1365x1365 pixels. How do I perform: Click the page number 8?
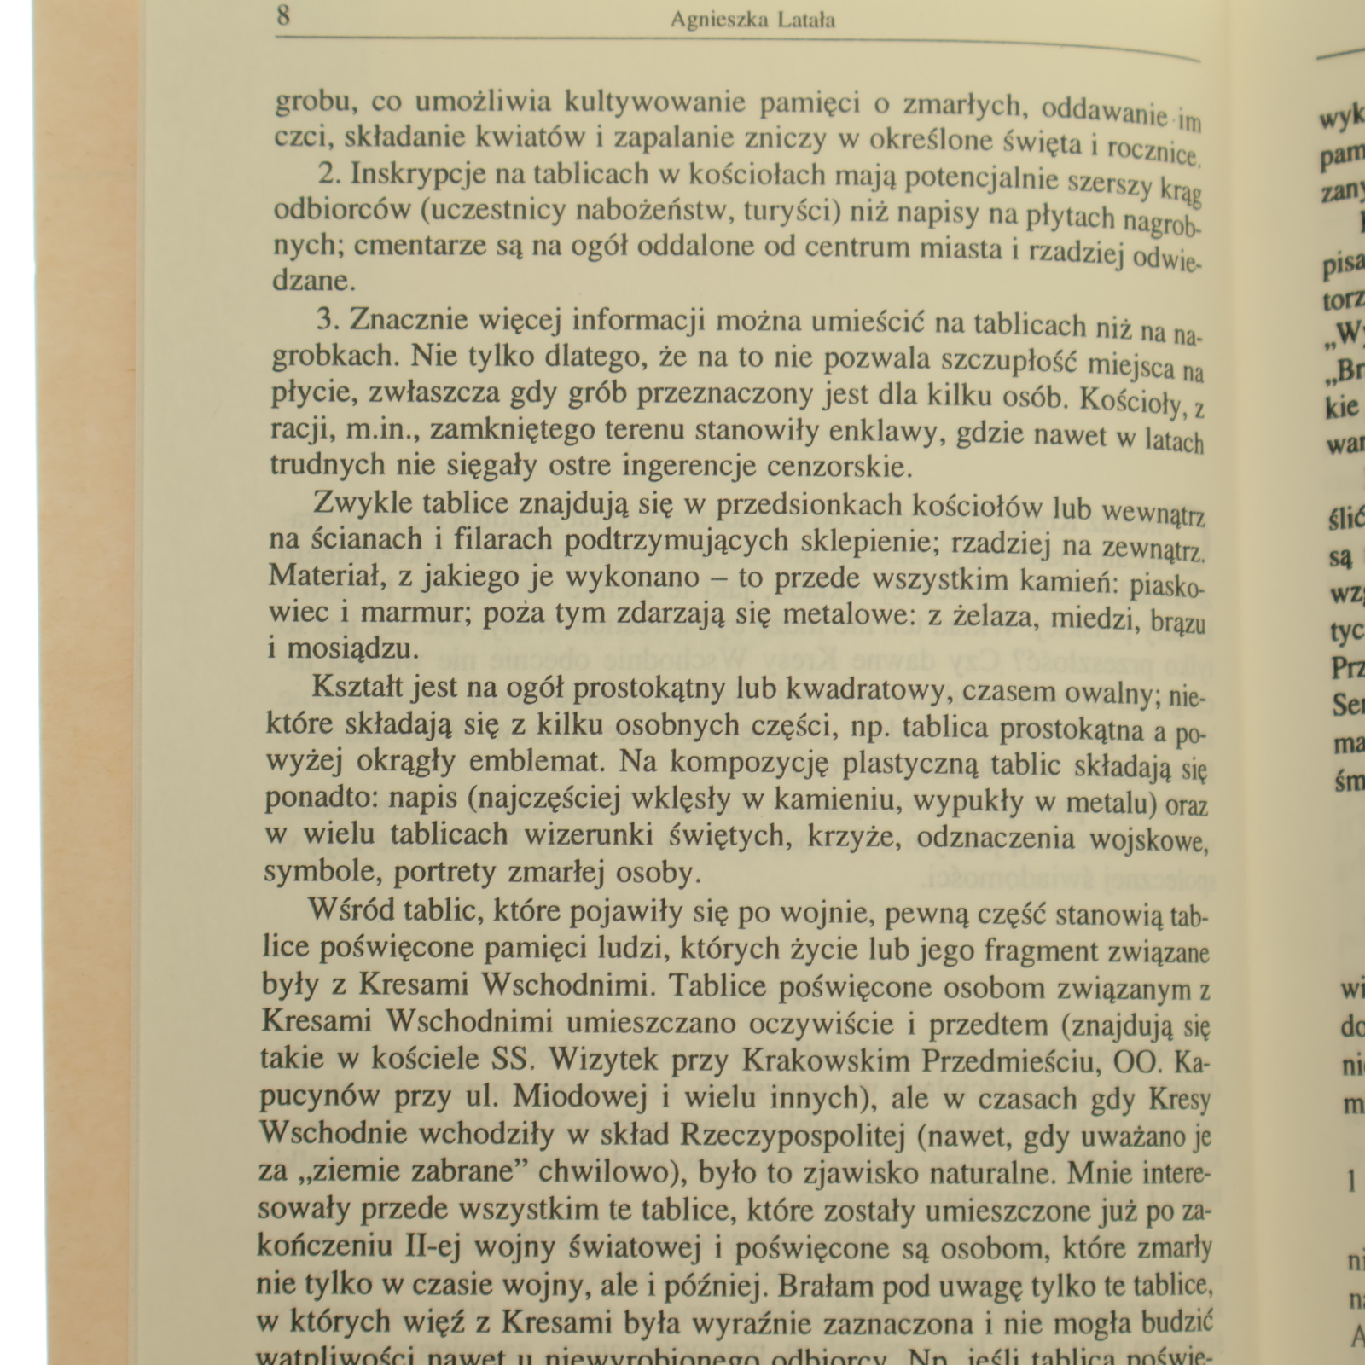(x=283, y=16)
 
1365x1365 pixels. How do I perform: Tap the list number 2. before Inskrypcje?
(x=329, y=173)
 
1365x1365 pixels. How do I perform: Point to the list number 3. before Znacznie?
(x=328, y=319)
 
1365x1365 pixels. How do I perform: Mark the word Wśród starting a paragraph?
(x=348, y=909)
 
